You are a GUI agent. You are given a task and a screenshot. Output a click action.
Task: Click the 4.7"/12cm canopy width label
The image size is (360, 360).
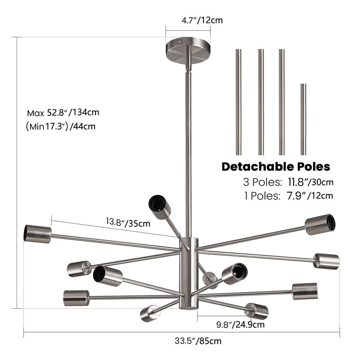click(x=202, y=20)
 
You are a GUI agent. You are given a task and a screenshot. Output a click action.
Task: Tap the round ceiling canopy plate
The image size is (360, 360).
click(x=188, y=50)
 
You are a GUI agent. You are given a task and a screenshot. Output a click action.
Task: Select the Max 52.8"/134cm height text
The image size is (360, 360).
click(x=63, y=112)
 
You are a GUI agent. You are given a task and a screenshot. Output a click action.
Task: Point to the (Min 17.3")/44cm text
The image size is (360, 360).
click(x=61, y=126)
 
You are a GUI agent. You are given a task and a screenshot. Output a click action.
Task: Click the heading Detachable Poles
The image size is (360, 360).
click(x=276, y=166)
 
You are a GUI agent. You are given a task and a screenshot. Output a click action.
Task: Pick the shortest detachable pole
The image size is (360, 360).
click(x=303, y=119)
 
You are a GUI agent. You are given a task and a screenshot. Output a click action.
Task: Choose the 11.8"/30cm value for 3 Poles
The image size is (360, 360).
click(x=310, y=182)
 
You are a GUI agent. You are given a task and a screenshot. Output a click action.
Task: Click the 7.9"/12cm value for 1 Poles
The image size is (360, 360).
click(x=310, y=196)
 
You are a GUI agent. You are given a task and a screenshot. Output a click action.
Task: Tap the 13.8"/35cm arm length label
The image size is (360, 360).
click(x=128, y=222)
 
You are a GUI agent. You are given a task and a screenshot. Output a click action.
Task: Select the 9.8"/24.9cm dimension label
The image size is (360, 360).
click(x=240, y=324)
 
